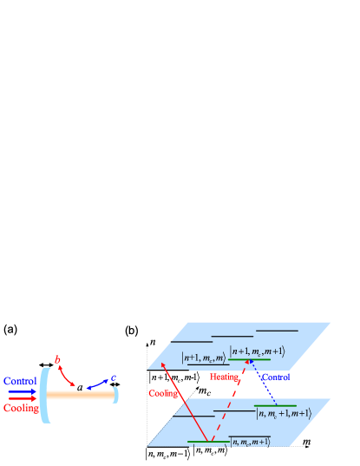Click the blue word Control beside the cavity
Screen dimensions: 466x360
(20, 381)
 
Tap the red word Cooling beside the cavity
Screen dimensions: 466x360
(20, 408)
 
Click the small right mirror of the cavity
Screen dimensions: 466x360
(115, 395)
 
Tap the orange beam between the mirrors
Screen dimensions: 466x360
(81, 395)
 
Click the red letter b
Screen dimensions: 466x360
(57, 359)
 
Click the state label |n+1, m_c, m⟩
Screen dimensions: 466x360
(203, 357)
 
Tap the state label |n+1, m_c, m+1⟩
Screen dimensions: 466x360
(257, 350)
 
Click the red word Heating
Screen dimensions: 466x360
(224, 377)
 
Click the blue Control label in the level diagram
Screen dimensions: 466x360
(276, 377)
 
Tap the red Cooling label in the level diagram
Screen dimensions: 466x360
(162, 393)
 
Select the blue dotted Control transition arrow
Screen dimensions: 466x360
(263, 382)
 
